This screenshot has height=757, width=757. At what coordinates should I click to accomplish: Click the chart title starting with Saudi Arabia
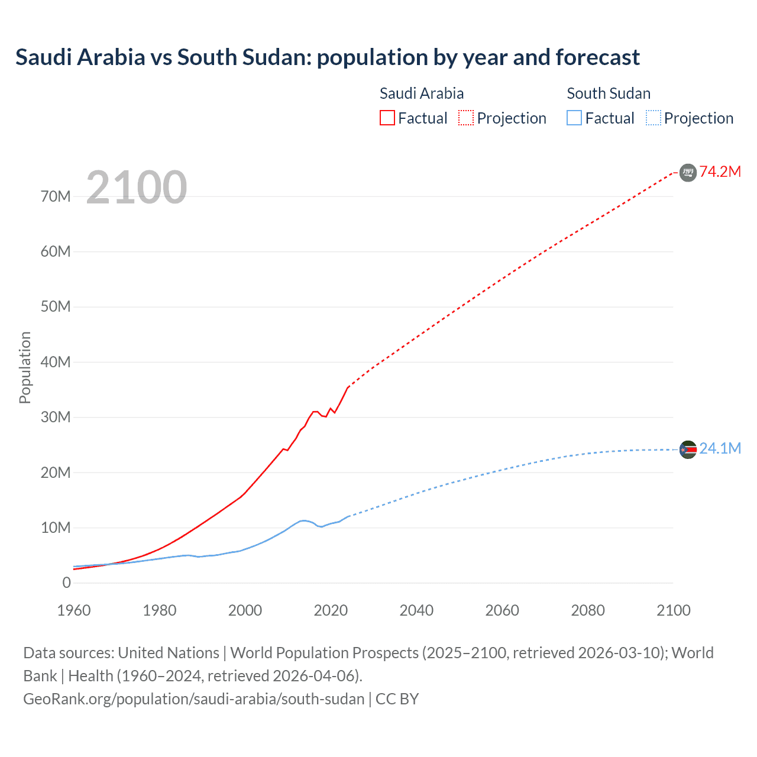click(x=327, y=57)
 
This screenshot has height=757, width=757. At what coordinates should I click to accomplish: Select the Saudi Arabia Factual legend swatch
click(x=387, y=118)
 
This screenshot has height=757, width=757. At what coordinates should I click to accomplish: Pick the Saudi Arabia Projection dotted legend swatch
click(x=466, y=118)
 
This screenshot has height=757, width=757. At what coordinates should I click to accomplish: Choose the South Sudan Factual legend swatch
click(x=574, y=118)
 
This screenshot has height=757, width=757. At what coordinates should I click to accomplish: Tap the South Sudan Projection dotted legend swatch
click(x=654, y=118)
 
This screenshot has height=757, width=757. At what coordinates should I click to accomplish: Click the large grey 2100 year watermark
click(x=137, y=187)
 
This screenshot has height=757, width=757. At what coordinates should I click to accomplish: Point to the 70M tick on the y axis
click(x=56, y=196)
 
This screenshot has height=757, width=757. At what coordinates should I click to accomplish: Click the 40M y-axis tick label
click(x=56, y=362)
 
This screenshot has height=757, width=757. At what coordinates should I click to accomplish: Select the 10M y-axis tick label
click(x=56, y=528)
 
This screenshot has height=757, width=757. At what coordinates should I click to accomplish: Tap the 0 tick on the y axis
click(x=66, y=583)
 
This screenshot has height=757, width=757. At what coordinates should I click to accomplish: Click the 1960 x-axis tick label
click(x=74, y=610)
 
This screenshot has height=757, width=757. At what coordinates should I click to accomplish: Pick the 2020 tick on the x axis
click(x=331, y=610)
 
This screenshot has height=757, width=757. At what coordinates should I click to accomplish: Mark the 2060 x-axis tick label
click(x=502, y=610)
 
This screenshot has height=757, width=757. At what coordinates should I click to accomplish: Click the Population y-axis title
click(x=25, y=367)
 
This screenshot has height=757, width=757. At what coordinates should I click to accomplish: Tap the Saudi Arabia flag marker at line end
click(x=688, y=172)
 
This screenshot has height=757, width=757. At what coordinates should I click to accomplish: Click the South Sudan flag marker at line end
click(x=688, y=449)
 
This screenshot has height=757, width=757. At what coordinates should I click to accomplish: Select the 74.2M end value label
click(x=720, y=172)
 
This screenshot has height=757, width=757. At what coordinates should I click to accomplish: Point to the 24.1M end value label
click(x=720, y=448)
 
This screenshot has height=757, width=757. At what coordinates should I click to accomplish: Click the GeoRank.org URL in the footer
click(x=194, y=698)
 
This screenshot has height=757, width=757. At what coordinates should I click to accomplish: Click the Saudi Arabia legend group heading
click(x=421, y=93)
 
